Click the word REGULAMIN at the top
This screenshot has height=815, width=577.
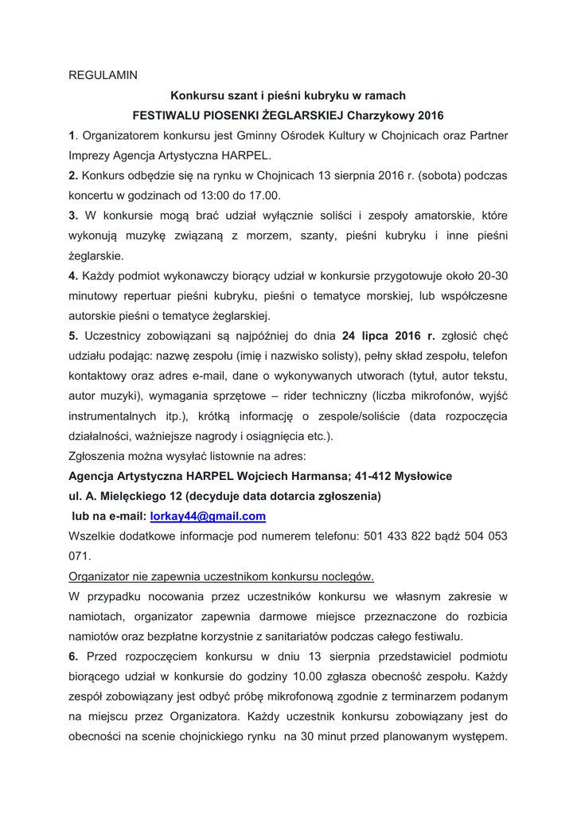pos(103,75)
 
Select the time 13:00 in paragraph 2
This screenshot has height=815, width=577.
pos(216,195)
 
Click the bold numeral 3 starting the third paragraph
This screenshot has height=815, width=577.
pos(72,216)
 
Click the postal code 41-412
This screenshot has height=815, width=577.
pos(370,476)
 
